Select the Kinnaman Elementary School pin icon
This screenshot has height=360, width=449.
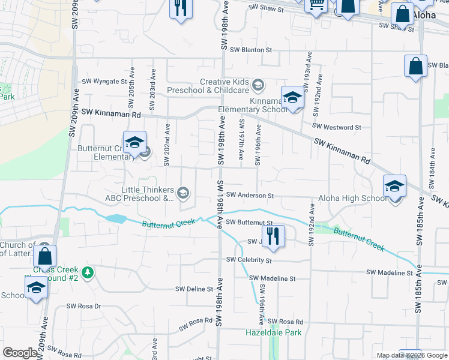pos(292,98)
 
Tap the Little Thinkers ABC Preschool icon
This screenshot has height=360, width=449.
pos(184,193)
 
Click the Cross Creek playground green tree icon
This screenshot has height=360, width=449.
pos(89,273)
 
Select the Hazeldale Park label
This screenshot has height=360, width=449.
pos(273,332)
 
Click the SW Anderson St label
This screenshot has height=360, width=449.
pos(250,196)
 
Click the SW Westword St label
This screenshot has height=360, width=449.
pos(336,127)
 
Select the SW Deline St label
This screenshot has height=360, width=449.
pos(194,289)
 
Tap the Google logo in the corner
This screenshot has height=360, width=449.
pos(20,353)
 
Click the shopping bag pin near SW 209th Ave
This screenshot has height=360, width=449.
pos(45,256)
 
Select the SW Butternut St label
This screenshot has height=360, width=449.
pos(251,223)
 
